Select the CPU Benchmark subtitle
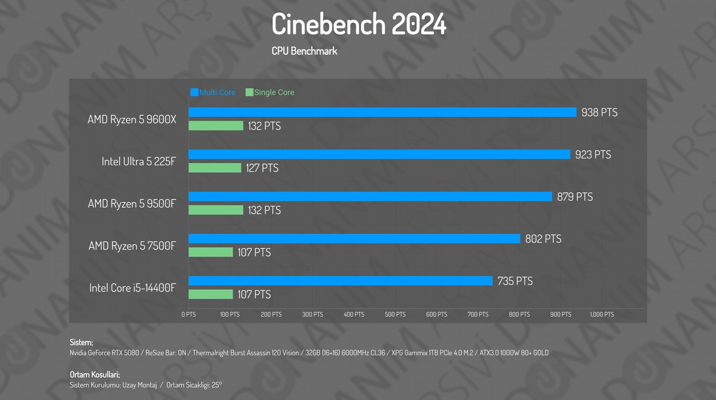[304, 51]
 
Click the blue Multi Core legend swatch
[194, 92]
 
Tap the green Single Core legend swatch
[249, 92]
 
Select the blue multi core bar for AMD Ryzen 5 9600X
[382, 112]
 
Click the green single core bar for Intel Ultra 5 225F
[215, 168]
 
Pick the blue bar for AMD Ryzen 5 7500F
[354, 239]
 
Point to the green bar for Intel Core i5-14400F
[211, 294]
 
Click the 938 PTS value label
[599, 112]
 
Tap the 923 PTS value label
[593, 154]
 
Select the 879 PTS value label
[575, 197]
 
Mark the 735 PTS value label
[515, 281]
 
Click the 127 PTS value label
[262, 168]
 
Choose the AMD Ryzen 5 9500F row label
[132, 204]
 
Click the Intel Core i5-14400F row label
[132, 288]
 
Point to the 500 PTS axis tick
[395, 314]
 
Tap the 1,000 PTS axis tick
[602, 314]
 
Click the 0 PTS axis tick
[189, 314]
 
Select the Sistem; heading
[81, 342]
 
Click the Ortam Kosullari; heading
[95, 375]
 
